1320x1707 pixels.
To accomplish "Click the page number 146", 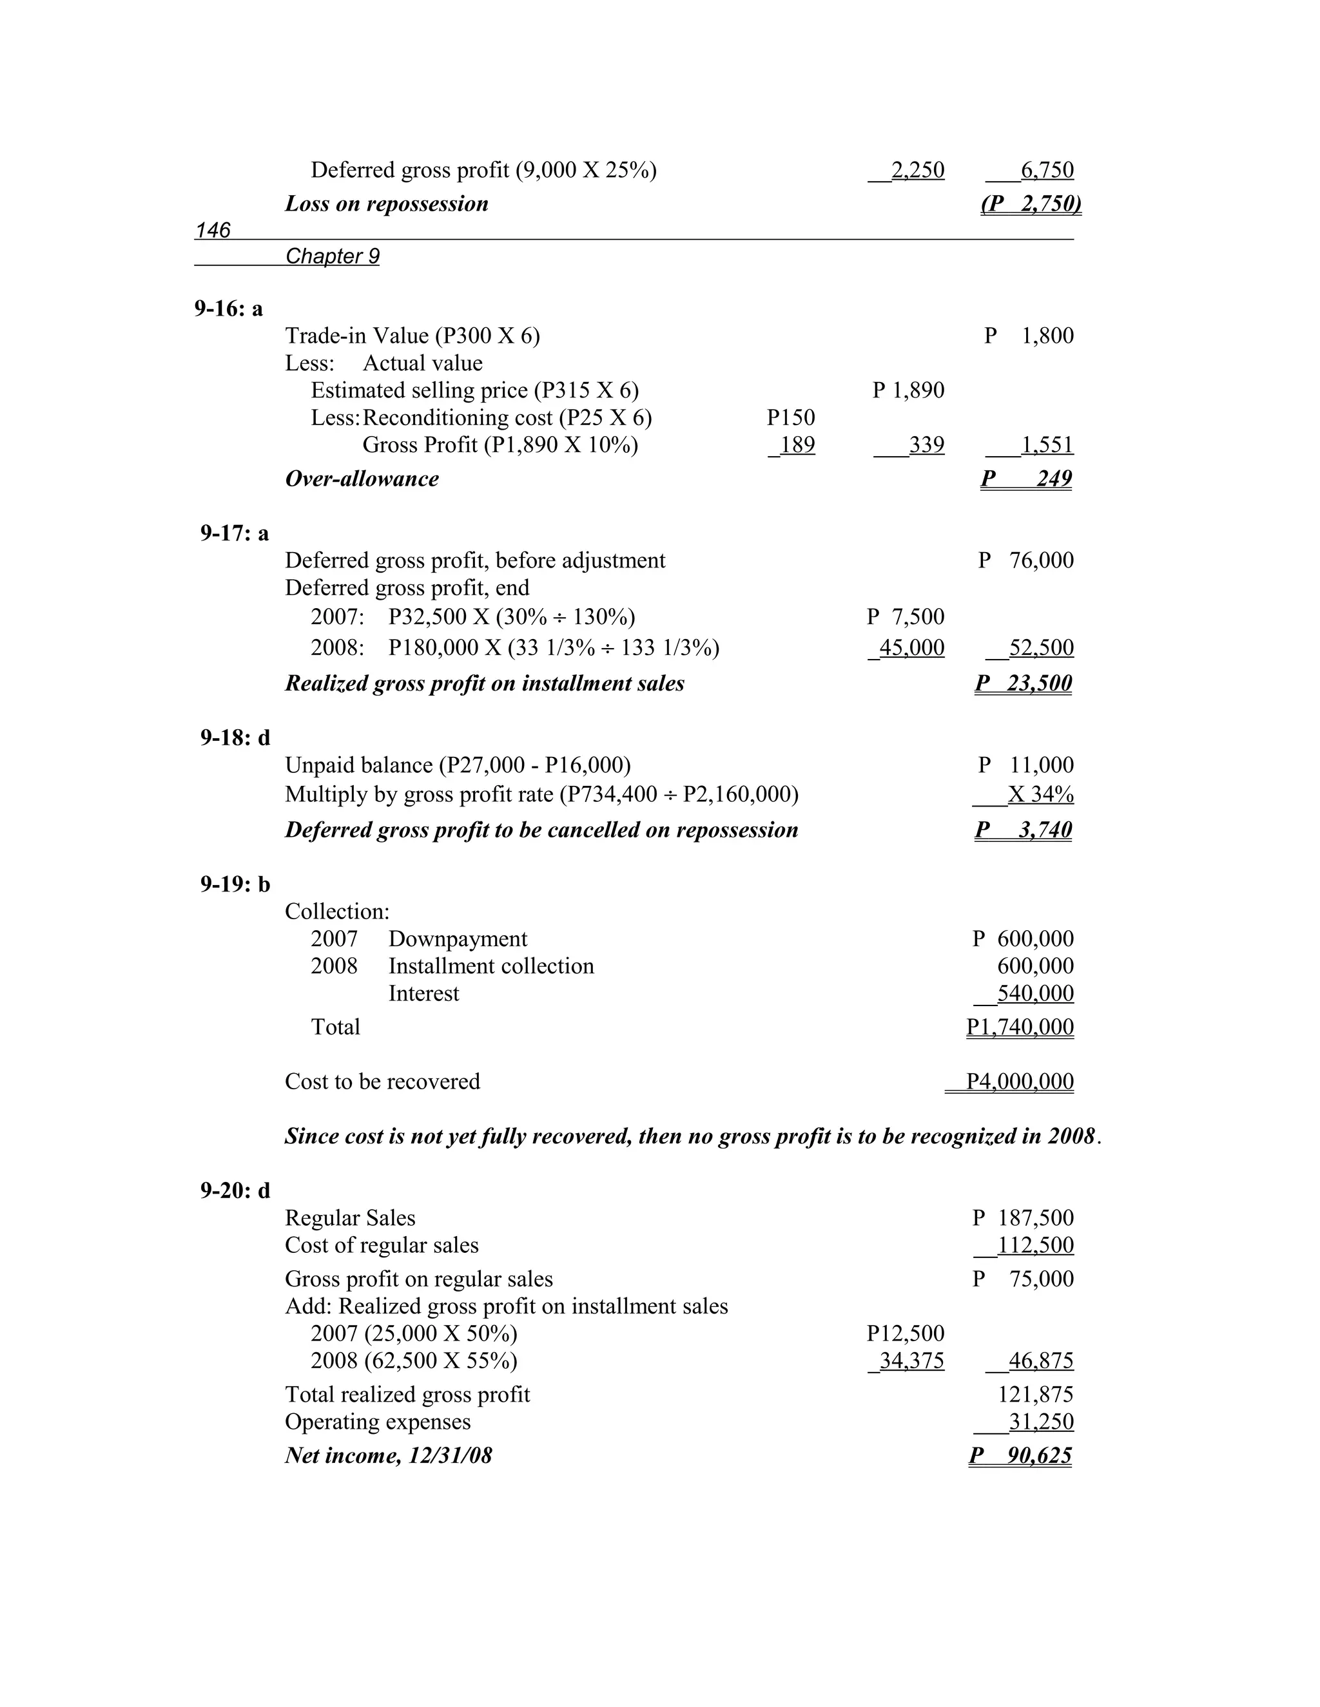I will tap(213, 230).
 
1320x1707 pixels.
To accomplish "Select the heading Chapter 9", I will tap(333, 256).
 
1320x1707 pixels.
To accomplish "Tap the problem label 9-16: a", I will tap(228, 309).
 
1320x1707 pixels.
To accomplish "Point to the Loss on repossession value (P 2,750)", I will tap(1031, 204).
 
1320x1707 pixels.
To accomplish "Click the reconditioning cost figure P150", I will tap(791, 417).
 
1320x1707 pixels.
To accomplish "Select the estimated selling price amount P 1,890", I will tap(909, 390).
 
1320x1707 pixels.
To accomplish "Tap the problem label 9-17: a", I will tap(234, 533).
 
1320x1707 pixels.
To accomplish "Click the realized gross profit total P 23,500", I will tap(1024, 683).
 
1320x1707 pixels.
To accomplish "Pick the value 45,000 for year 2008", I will tap(911, 648).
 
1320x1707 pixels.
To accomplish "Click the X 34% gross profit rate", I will tap(1040, 795).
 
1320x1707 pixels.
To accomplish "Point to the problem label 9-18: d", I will tap(235, 738).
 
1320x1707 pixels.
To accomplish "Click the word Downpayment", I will tap(458, 939).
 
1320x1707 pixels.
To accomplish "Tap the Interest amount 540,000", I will tap(1034, 993).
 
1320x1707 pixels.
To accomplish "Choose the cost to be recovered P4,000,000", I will tap(1020, 1082).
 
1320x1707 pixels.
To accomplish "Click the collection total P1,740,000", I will tap(1020, 1027).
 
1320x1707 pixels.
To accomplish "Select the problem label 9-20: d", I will tap(235, 1190).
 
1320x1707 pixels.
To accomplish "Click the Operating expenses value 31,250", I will tap(1040, 1422).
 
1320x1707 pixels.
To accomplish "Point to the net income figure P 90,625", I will tap(1020, 1455).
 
